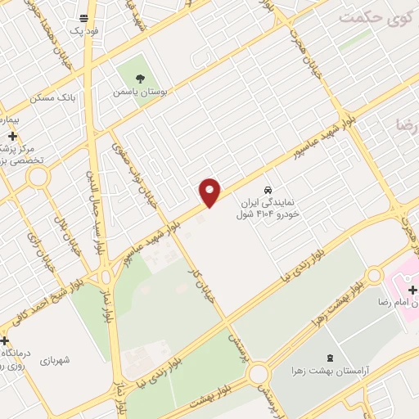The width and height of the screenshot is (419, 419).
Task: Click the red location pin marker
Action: coord(210,191)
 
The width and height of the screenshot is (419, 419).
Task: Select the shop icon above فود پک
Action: coord(83,17)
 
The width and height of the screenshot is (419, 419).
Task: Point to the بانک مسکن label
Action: coord(52,97)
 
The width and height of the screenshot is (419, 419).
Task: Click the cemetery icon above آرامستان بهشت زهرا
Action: coord(330,358)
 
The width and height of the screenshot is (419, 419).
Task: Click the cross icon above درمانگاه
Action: coord(6,340)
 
